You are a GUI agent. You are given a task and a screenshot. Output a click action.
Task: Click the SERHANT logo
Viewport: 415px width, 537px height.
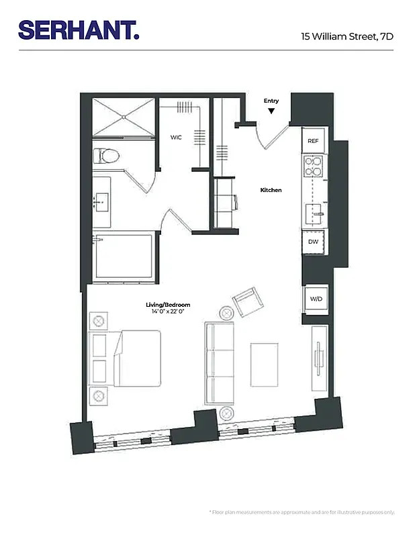click(x=79, y=30)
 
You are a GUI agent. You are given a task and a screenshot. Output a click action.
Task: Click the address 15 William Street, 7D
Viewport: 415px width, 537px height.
click(x=347, y=37)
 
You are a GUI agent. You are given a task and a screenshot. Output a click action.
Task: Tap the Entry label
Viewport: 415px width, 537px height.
click(x=271, y=101)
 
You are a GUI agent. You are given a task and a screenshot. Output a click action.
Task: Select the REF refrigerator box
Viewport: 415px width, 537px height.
click(x=313, y=141)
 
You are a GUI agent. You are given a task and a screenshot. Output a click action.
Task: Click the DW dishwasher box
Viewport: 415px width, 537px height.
click(x=313, y=242)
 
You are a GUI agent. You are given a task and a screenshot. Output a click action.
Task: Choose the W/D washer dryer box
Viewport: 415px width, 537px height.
click(x=315, y=299)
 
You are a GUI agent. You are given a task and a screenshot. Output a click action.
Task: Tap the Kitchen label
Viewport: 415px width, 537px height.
click(x=271, y=190)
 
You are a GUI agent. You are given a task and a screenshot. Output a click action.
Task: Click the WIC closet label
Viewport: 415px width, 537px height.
click(x=176, y=137)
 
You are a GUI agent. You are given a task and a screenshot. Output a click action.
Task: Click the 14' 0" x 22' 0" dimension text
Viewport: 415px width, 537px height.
click(x=165, y=311)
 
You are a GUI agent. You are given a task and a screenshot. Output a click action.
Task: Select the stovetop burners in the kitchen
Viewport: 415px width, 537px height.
click(x=313, y=166)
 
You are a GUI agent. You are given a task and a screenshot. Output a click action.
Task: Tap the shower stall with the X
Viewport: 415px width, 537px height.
click(x=124, y=117)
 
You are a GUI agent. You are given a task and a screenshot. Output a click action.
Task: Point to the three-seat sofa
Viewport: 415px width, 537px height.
click(x=220, y=362)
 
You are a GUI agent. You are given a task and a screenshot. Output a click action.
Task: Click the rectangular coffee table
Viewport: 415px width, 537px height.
click(x=265, y=364)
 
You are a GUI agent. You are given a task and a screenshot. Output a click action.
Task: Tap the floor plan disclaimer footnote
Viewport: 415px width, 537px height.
click(x=302, y=513)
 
